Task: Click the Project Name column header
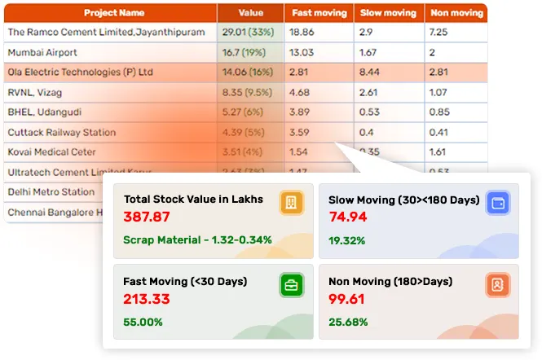pyautogui.click(x=114, y=13)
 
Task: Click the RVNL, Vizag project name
pyautogui.click(x=34, y=92)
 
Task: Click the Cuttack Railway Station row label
pyautogui.click(x=61, y=132)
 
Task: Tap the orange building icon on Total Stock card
pyautogui.click(x=290, y=203)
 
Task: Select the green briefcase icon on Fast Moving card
pyautogui.click(x=290, y=285)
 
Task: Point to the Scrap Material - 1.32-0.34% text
pyautogui.click(x=197, y=240)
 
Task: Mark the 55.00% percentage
pyautogui.click(x=143, y=323)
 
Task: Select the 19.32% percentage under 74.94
pyautogui.click(x=346, y=241)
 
